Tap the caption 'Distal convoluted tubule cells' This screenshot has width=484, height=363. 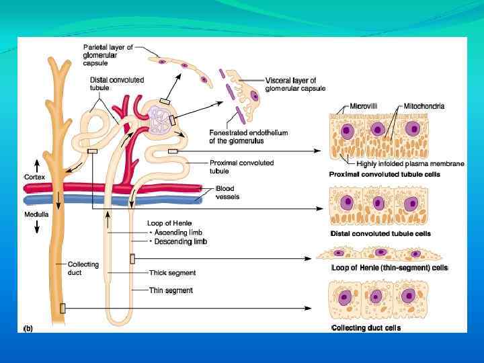(x=380, y=234)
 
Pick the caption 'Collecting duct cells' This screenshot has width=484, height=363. (x=366, y=327)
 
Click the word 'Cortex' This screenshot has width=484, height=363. (x=34, y=176)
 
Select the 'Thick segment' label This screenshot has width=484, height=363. (x=172, y=273)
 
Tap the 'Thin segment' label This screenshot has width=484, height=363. (x=171, y=290)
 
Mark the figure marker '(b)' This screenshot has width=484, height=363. (x=28, y=328)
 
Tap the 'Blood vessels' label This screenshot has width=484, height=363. (x=227, y=193)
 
